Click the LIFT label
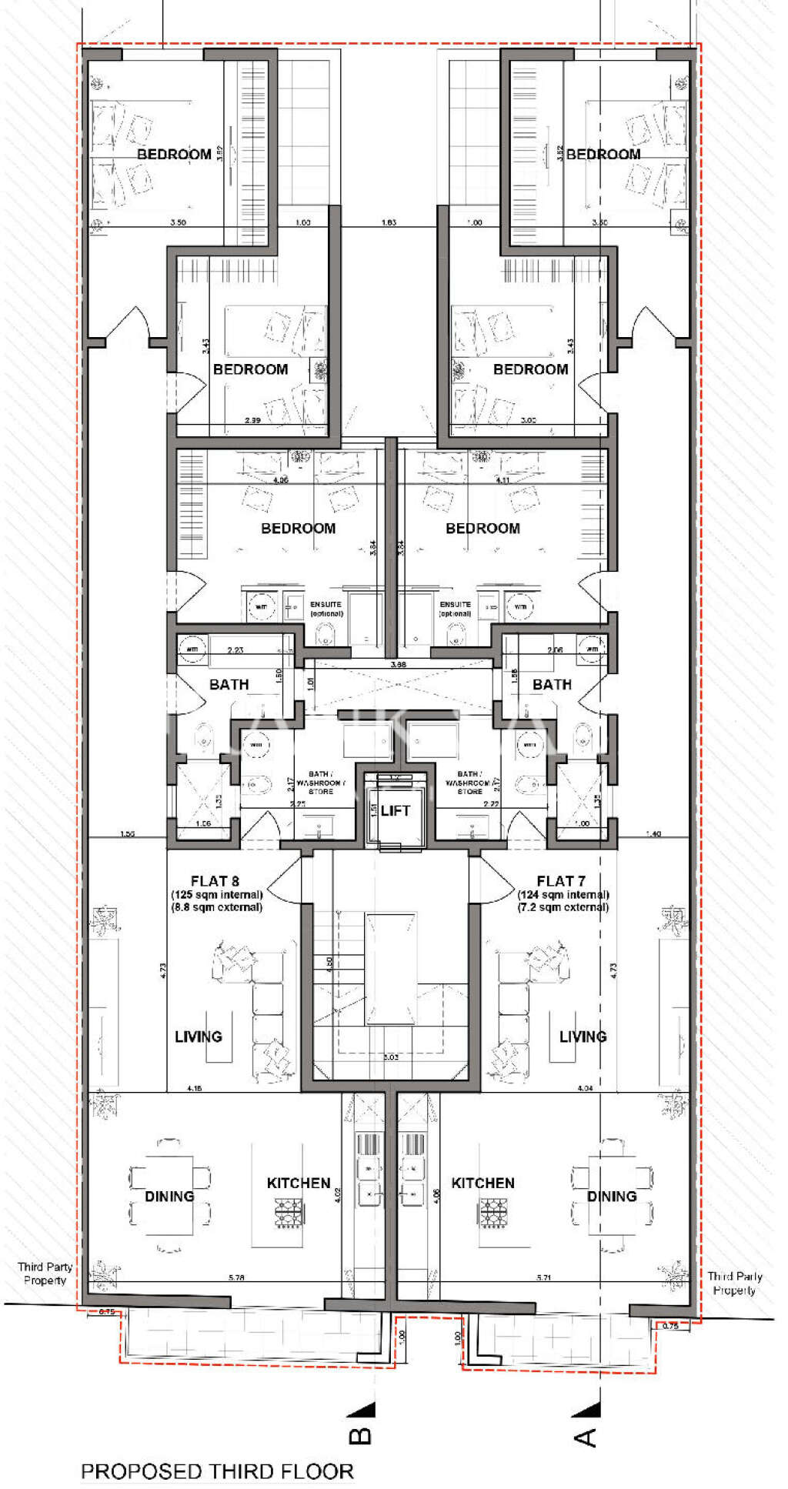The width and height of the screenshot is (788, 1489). pos(396,810)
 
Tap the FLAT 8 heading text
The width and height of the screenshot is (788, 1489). pos(215,880)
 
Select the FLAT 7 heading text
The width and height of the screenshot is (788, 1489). pos(561,880)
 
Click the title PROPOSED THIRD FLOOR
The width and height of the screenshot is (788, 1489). pos(217,1471)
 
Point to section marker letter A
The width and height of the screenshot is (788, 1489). pos(586,1436)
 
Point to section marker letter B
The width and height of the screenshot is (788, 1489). pos(361,1436)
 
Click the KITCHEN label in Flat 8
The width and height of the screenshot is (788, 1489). pos(299,1183)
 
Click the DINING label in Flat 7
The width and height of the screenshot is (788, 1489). pos(612,1196)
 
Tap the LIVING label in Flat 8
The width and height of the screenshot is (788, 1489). pos(199,1037)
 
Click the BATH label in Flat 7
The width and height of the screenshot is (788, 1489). pos(552,684)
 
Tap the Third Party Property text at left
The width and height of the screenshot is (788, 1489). pos(45,1274)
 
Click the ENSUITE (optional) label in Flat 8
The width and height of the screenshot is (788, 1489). pos(326,609)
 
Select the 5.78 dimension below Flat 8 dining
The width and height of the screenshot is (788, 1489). pos(236,1277)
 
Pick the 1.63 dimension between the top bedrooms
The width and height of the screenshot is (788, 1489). pos(389,222)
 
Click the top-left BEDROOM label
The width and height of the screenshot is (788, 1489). pos(174,154)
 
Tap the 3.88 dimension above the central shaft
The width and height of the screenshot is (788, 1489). pos(398,663)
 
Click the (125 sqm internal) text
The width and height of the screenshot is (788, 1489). pos(217,894)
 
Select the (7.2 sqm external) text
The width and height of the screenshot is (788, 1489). pos(563,907)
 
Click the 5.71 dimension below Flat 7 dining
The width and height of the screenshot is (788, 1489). pos(543,1277)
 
